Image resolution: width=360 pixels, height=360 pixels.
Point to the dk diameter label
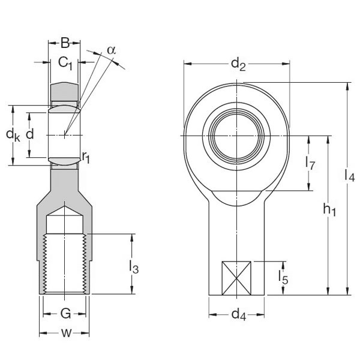point(13,136)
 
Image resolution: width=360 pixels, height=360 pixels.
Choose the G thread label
point(65,313)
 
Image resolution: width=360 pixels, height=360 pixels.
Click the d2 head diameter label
point(238,63)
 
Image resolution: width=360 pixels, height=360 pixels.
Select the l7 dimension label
point(310,163)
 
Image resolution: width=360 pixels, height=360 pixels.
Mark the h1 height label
point(329,209)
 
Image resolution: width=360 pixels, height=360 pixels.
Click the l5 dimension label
point(283,277)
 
